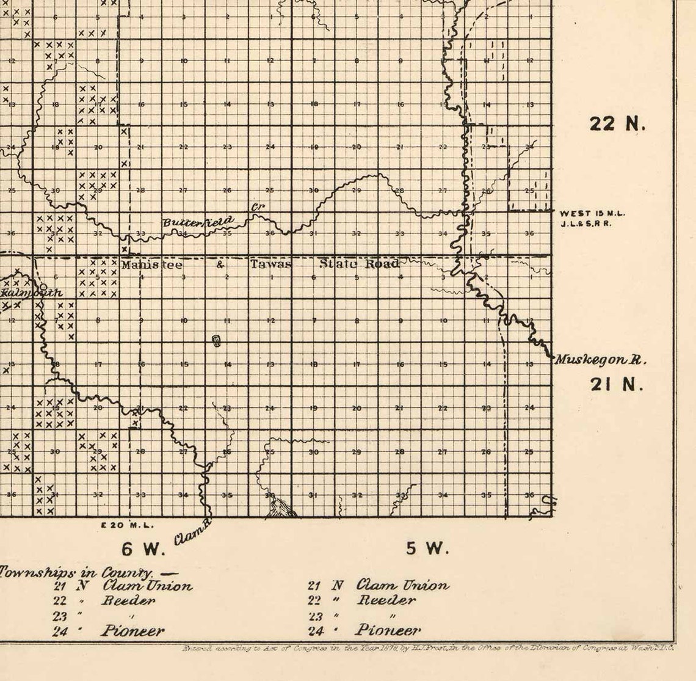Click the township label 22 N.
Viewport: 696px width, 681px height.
(617, 124)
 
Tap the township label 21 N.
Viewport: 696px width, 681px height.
(617, 384)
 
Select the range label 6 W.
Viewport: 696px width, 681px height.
(143, 549)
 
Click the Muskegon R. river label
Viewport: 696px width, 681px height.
(600, 360)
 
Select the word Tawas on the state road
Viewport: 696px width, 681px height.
(271, 264)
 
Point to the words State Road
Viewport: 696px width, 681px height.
(360, 264)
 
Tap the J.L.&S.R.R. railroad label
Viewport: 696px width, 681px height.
(586, 223)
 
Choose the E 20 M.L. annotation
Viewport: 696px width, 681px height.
(127, 525)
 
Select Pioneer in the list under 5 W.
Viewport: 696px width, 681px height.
(388, 630)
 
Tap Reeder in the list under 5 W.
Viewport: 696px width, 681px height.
(386, 600)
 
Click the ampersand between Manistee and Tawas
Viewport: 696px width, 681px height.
(220, 265)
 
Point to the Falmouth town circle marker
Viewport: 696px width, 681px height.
(43, 286)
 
